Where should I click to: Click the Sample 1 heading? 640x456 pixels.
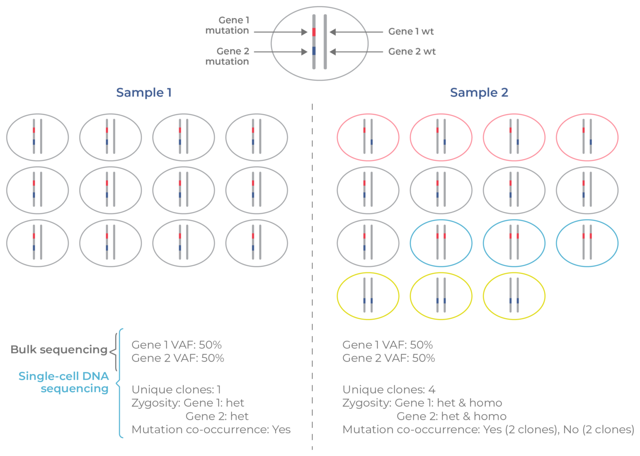[144, 92]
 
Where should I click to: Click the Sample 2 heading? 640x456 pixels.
[479, 92]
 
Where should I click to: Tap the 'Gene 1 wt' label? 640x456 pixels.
[411, 32]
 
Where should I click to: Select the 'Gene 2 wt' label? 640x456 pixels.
[412, 52]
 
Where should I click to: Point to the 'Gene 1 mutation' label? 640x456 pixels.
[227, 25]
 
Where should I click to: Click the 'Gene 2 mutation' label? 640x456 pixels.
[227, 56]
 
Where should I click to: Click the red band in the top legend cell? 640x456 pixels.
[314, 32]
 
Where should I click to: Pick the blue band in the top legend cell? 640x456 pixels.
[314, 51]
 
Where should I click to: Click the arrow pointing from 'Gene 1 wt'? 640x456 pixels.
[356, 32]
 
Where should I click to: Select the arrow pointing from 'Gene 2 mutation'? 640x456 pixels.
[280, 52]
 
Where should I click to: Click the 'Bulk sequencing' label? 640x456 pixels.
[59, 350]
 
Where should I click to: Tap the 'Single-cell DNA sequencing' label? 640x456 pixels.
[64, 382]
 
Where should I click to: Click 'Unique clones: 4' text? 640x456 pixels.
[388, 390]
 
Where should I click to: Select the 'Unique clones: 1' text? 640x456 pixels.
[176, 390]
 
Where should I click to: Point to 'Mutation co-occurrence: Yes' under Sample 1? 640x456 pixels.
[211, 430]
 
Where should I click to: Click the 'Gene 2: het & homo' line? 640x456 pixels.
[451, 416]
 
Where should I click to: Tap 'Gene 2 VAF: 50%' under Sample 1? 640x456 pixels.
[178, 358]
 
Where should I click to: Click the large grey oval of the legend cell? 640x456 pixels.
[284, 67]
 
